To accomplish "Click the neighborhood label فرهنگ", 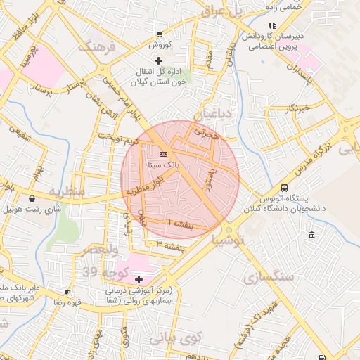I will click(94, 48).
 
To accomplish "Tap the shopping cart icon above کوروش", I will click(160, 34).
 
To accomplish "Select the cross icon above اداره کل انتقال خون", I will click(159, 60).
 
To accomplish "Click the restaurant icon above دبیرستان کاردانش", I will click(272, 26).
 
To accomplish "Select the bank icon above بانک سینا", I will click(163, 153).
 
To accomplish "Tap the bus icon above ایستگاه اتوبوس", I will click(284, 188).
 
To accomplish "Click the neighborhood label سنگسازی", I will click(268, 276).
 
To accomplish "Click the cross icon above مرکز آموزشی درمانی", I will click(139, 279).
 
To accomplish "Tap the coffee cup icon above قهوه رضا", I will click(67, 291).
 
